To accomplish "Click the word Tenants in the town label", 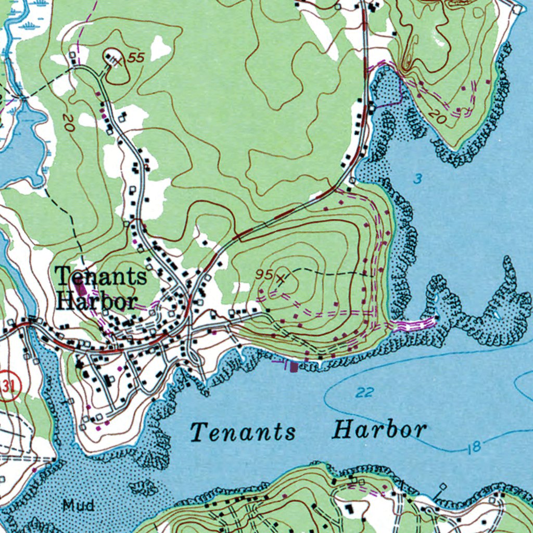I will coord(101,276).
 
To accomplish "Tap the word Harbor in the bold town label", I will coord(97,300).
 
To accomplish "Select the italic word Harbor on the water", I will coord(379,430).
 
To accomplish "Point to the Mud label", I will coord(78,504).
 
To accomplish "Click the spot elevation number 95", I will coord(264,274).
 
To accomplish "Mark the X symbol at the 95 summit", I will coord(282,278).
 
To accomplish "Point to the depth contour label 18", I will coord(474,446).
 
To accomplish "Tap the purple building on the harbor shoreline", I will coord(294,367).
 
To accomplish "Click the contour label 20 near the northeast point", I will coord(438,119).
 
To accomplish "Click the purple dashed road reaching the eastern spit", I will coord(414,325).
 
